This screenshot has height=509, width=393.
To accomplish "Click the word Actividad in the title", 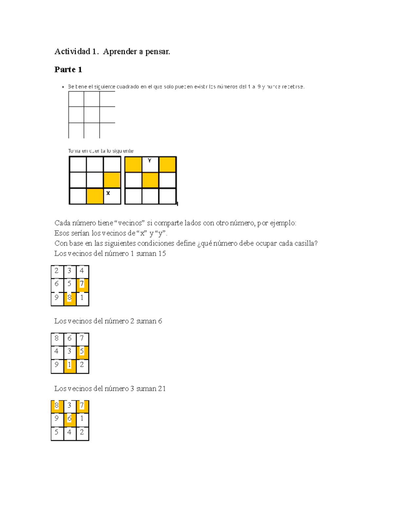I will (x=72, y=51).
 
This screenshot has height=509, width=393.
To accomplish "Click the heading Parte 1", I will (x=68, y=69).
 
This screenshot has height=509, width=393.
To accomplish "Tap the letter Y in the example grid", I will (x=150, y=161).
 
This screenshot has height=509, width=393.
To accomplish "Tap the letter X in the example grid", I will (x=108, y=193).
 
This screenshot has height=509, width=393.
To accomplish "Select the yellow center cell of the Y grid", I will (x=150, y=180).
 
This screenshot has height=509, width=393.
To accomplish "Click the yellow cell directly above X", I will (x=112, y=180).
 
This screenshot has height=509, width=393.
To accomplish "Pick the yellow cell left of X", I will (x=95, y=196).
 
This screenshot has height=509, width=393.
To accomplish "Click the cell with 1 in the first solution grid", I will (x=82, y=298).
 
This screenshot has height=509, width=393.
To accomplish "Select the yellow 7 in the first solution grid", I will (x=82, y=284).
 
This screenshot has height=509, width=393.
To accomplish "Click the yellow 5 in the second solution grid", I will (x=82, y=351).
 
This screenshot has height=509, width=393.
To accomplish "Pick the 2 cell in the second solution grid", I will (x=82, y=365).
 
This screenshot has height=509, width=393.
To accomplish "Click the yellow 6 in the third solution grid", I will (x=69, y=419).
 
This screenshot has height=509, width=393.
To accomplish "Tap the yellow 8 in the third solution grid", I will (x=57, y=405).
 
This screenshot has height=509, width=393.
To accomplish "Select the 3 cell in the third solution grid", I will (x=69, y=405).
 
